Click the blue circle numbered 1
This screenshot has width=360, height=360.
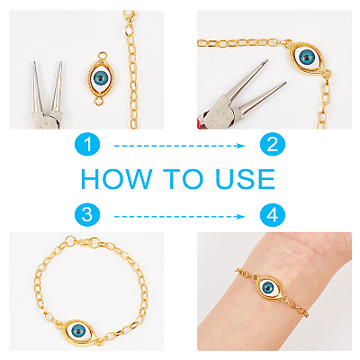(x=87, y=145)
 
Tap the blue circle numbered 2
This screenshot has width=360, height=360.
(x=272, y=145)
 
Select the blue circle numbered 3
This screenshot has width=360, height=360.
(x=87, y=215)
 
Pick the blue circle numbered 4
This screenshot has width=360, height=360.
(x=272, y=215)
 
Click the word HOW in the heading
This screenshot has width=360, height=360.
(x=116, y=179)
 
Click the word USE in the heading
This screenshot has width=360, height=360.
(x=246, y=179)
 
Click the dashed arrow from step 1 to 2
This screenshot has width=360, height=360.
(x=180, y=146)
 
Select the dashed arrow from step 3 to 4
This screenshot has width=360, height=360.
(x=180, y=216)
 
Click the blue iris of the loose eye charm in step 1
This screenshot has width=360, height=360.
(x=102, y=78)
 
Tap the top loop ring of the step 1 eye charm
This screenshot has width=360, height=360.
(x=103, y=56)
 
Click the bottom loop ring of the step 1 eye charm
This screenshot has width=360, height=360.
(x=98, y=101)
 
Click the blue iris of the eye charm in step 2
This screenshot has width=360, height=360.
(x=306, y=56)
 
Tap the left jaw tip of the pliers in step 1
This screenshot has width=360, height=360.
(x=35, y=62)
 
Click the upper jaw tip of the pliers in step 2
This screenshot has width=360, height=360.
(x=265, y=60)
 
